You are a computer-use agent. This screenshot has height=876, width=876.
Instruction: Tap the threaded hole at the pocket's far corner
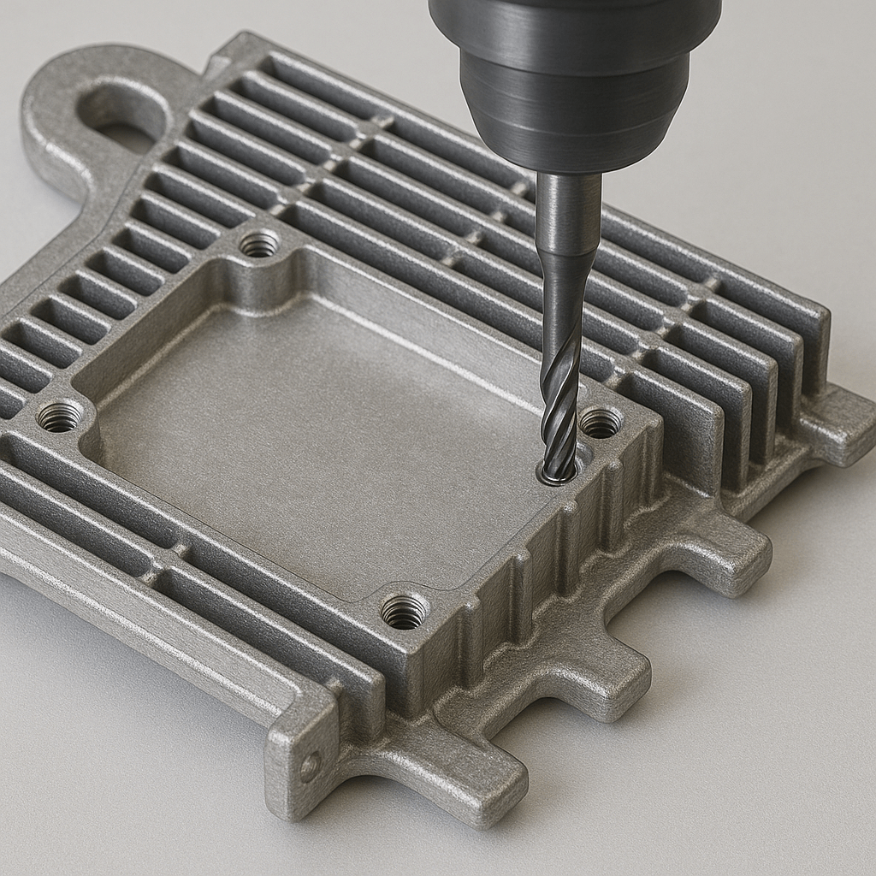coord(259,245)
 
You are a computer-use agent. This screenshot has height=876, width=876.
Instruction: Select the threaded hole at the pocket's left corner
coord(60,417)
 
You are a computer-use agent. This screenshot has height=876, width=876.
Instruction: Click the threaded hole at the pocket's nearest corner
coord(404,611)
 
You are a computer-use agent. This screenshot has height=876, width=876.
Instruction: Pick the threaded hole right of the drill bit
coord(601,422)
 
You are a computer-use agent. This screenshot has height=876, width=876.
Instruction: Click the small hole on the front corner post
coord(310,764)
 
